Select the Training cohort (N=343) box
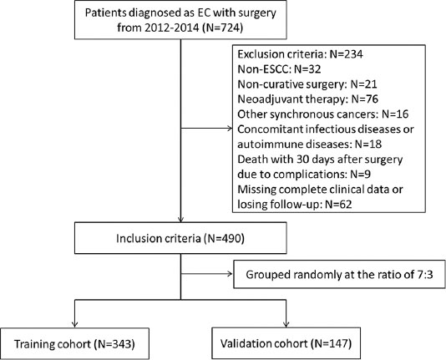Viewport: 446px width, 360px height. (74, 343)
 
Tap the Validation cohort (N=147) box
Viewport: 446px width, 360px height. (286, 343)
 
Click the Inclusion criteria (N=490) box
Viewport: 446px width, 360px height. (180, 238)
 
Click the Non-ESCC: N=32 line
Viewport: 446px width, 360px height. (279, 69)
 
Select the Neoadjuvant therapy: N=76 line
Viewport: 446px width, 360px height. (307, 99)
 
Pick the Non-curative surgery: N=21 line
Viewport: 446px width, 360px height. (307, 84)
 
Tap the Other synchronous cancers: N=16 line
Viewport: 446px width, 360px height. (323, 114)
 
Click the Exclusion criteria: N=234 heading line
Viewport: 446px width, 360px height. (300, 54)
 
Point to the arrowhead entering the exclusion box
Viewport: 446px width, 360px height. (230, 129)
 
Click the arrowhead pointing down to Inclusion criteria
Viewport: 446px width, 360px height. (180, 219)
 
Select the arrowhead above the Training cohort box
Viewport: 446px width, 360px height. (75, 324)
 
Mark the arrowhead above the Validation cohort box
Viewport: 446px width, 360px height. (286, 324)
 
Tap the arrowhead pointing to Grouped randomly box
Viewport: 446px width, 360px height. (231, 274)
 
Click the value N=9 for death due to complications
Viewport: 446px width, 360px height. (360, 174)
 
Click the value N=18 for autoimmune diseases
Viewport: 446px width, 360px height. (368, 145)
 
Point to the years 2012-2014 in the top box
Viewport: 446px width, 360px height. (172, 28)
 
